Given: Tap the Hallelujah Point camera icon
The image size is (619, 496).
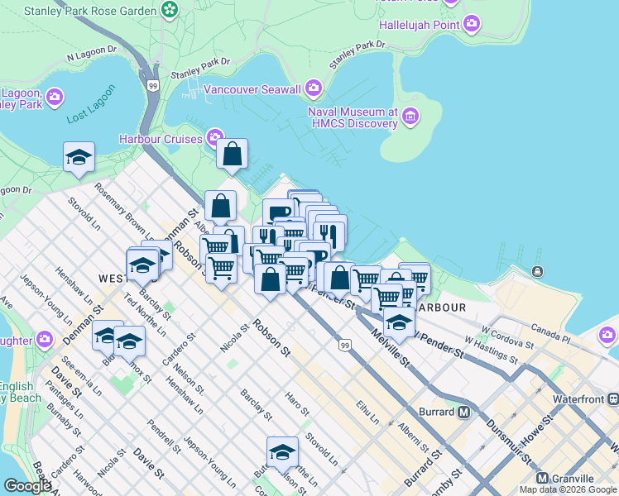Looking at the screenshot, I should [x=472, y=24].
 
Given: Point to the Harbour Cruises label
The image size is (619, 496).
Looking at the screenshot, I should [x=161, y=138].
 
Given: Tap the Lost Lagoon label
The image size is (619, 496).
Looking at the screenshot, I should [x=89, y=115].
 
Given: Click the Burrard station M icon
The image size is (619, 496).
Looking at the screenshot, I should [x=463, y=412].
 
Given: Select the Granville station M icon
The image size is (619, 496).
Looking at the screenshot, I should [x=543, y=479].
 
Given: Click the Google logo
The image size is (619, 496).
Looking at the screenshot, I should [x=27, y=486].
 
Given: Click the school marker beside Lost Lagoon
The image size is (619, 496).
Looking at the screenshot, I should [x=79, y=157].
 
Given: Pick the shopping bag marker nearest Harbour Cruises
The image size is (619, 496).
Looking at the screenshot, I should [x=233, y=154].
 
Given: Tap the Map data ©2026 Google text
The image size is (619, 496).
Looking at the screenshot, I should [x=568, y=489].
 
